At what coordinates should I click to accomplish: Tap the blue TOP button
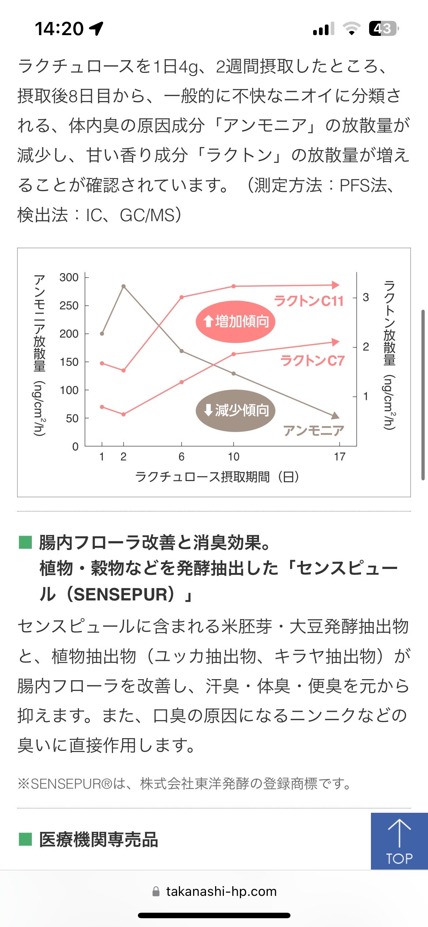pyautogui.click(x=399, y=841)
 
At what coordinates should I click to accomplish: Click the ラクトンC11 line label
pyautogui.click(x=309, y=301)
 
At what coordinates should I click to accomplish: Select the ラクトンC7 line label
pyautogui.click(x=312, y=361)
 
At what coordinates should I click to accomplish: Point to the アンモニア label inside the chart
pyautogui.click(x=314, y=431)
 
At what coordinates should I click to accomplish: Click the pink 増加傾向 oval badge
pyautogui.click(x=235, y=322)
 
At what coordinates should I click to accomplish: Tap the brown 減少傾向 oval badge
pyautogui.click(x=235, y=410)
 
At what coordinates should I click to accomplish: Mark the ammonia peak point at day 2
pyautogui.click(x=124, y=286)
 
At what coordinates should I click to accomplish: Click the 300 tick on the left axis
pyautogui.click(x=69, y=278)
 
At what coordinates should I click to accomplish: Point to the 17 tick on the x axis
pyautogui.click(x=339, y=457)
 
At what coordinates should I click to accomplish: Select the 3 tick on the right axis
pyautogui.click(x=365, y=297)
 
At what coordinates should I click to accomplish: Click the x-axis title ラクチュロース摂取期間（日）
pyautogui.click(x=217, y=477)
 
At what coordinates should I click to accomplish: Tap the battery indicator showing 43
pyautogui.click(x=383, y=29)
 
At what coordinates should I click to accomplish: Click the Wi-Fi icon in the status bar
pyautogui.click(x=352, y=29)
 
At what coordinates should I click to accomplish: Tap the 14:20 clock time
pyautogui.click(x=59, y=29)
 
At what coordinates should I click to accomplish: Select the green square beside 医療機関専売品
pyautogui.click(x=25, y=839)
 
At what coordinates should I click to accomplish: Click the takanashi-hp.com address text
pyautogui.click(x=221, y=891)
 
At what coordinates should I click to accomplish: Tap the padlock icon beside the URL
pyautogui.click(x=156, y=891)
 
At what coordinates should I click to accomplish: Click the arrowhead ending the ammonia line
pyautogui.click(x=335, y=416)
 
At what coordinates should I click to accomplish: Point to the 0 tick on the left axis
pyautogui.click(x=75, y=446)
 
